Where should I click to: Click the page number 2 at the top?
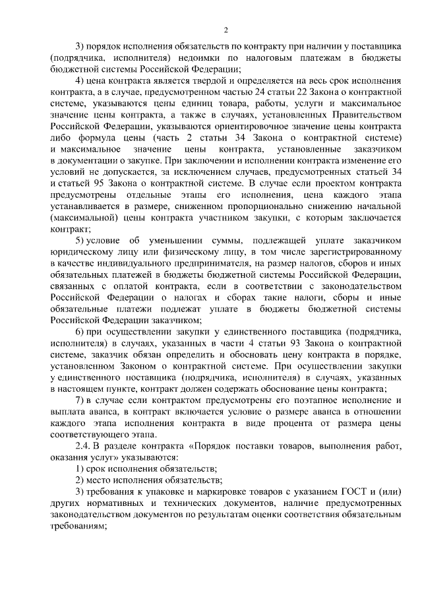tap(226, 30)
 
